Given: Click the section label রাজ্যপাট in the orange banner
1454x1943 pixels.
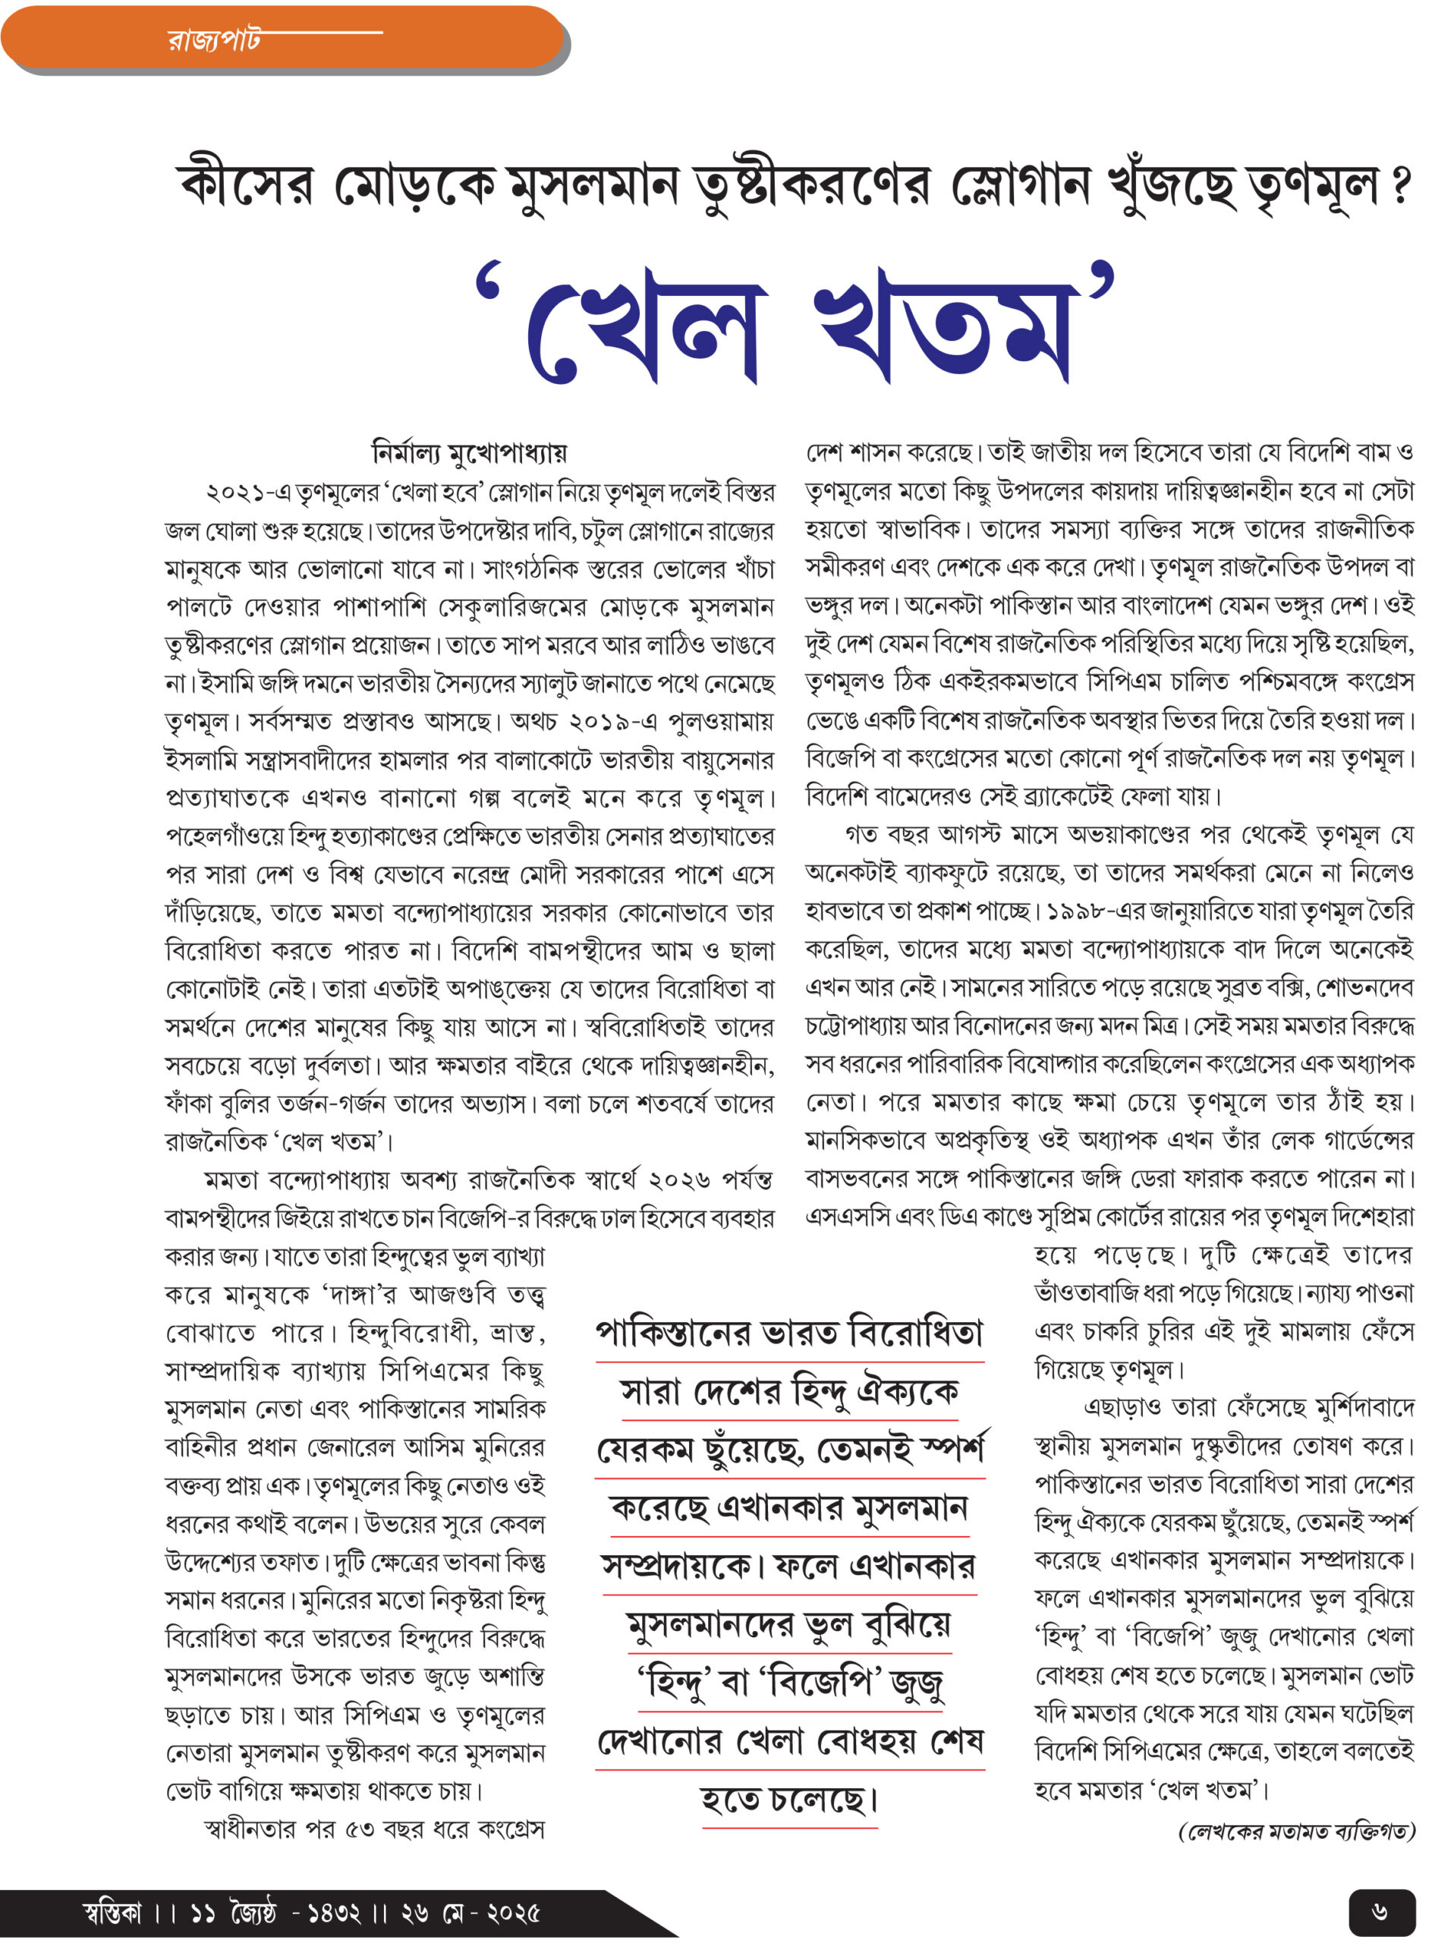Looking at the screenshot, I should (213, 39).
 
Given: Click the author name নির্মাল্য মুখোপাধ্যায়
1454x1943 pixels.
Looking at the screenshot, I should (470, 453).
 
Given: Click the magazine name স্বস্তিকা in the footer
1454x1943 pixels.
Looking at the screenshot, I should (112, 1913).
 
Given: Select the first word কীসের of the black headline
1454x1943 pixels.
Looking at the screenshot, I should (247, 186).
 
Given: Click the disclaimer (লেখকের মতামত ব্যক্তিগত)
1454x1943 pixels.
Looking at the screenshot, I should (1296, 1831).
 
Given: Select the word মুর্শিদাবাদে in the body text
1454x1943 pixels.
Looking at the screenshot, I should (1365, 1408).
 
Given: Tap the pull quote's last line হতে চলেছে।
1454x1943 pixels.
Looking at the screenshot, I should (788, 1801).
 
